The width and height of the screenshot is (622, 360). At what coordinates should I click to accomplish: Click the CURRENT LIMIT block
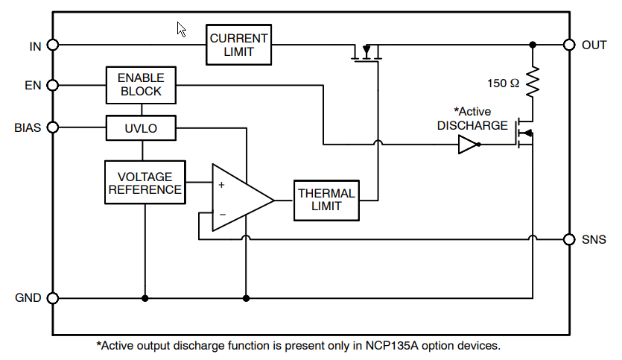pos(238,45)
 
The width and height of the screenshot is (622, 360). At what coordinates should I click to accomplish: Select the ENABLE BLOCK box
pos(141,85)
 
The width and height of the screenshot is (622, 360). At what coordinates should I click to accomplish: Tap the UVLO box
pos(141,127)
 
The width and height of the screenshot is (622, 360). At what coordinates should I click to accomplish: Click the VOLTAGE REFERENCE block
pos(145,183)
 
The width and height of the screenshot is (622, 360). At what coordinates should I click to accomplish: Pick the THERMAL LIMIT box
pos(326,200)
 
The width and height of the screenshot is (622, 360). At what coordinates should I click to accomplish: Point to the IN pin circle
pos(52,45)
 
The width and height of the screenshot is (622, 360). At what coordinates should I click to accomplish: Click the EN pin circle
pos(52,85)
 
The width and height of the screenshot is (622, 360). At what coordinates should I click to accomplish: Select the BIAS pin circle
pos(52,127)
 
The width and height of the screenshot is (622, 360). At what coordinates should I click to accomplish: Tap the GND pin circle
pos(52,298)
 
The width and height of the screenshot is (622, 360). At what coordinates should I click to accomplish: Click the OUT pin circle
pos(569,45)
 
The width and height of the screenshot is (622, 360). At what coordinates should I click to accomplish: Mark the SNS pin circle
pos(569,239)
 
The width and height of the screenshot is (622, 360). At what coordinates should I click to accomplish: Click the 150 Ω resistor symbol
pos(533,83)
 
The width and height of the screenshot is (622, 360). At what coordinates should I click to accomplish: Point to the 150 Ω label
pos(503,83)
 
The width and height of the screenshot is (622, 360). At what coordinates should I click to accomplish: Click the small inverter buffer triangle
pos(468,145)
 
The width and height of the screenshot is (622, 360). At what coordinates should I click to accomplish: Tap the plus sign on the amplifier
pos(221,184)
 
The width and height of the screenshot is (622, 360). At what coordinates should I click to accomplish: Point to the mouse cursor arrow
pos(181,29)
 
